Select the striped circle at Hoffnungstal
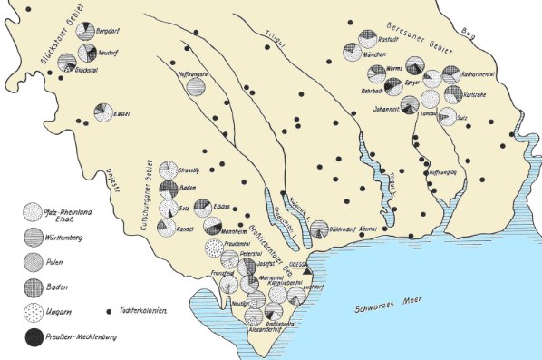click(x=195, y=87)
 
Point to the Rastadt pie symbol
click(x=367, y=37)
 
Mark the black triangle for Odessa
click(x=307, y=270)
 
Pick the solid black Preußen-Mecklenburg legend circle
click(x=34, y=336)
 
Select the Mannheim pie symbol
click(x=213, y=225)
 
